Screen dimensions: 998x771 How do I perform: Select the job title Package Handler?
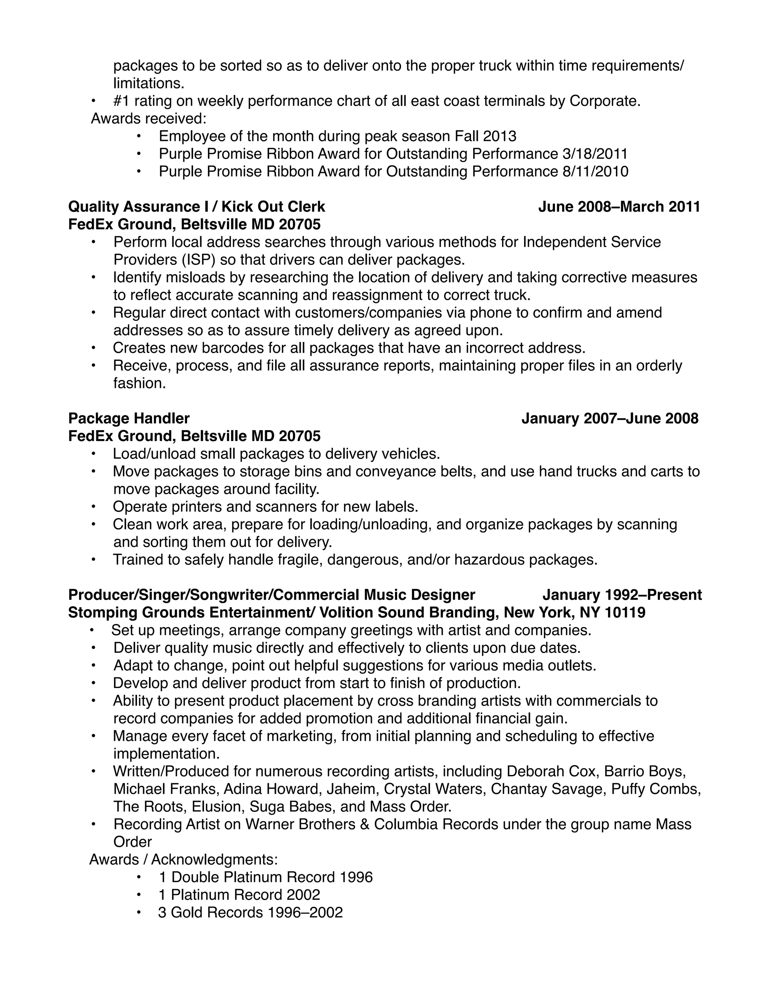coord(129,418)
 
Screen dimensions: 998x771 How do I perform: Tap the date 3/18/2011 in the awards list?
coord(595,154)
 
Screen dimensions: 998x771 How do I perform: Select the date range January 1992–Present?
coord(622,595)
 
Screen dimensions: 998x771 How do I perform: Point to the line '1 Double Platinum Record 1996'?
coord(265,877)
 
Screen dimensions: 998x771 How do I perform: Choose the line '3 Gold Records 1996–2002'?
coord(250,913)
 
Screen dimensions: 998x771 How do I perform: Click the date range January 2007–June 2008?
coord(610,418)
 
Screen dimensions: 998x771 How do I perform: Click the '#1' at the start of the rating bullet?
coord(122,101)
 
